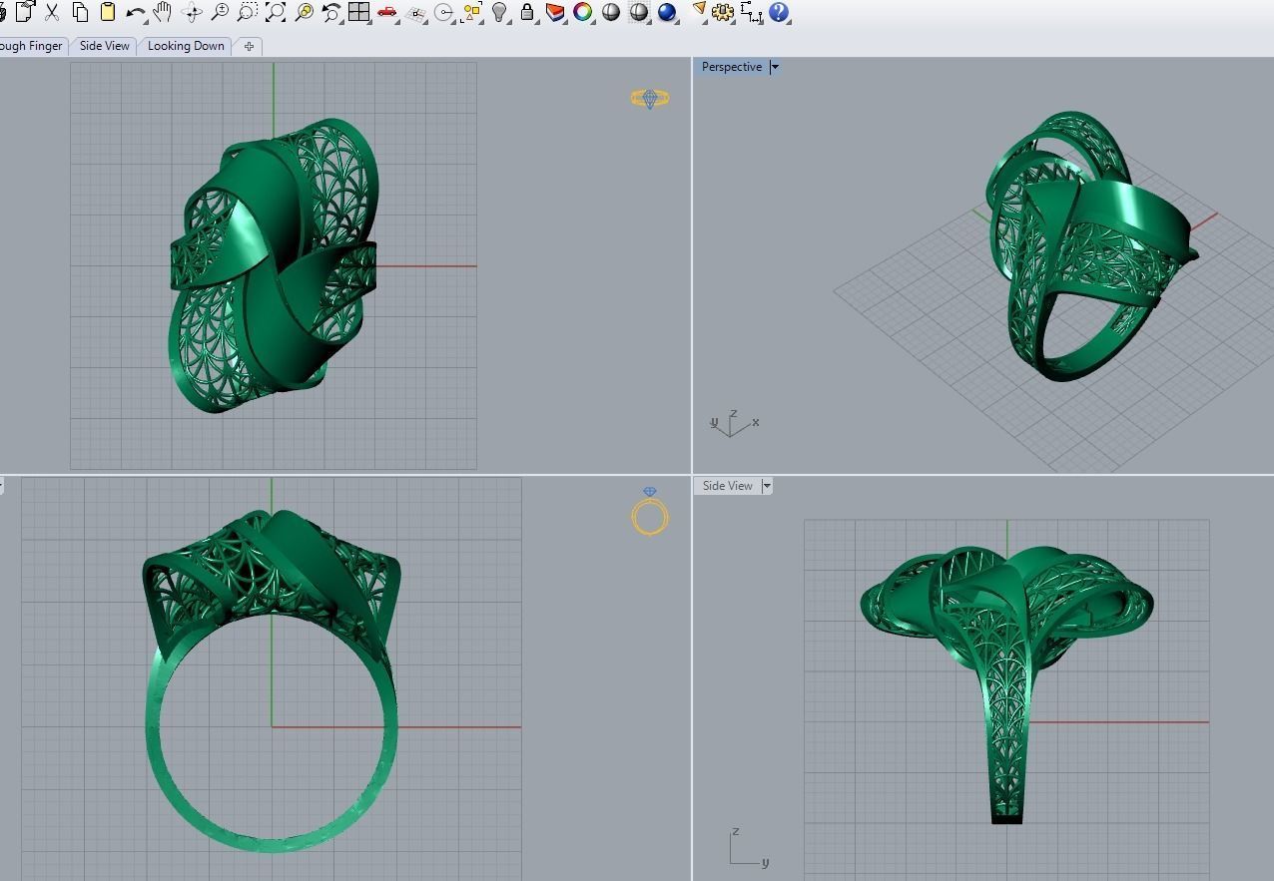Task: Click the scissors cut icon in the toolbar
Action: point(52,13)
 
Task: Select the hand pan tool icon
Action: point(163,13)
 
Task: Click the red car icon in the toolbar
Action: point(387,13)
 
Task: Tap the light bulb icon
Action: point(500,13)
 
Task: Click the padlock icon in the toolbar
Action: point(527,13)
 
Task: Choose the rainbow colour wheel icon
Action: point(583,13)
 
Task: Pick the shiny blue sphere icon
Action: point(667,13)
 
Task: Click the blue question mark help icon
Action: point(779,13)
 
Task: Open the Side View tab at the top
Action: point(105,46)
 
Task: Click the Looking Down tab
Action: point(186,46)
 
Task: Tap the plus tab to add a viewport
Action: point(249,46)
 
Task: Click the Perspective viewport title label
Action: point(731,67)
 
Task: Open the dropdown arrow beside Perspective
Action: point(775,67)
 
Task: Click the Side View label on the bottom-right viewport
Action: point(727,486)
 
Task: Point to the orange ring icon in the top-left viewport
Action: point(650,98)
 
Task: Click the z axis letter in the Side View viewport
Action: point(736,831)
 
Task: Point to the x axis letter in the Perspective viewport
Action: point(756,422)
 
